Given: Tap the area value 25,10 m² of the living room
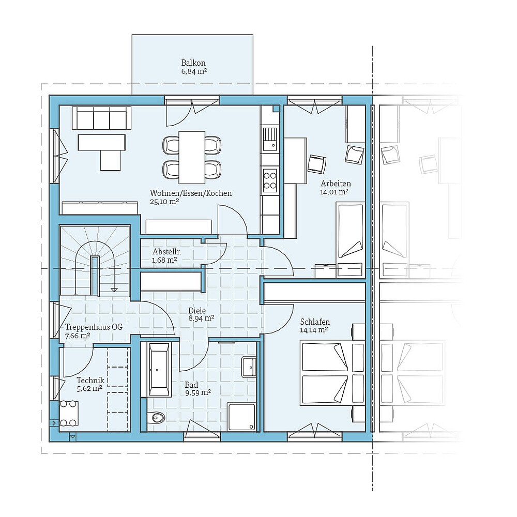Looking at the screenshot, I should click(x=164, y=202).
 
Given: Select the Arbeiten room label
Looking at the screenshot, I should click(x=336, y=184).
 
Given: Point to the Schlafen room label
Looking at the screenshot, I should click(x=315, y=322).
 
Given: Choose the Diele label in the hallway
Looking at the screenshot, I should click(x=197, y=311).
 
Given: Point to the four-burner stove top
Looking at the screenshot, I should click(x=270, y=179).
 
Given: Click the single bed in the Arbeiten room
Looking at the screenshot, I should click(x=350, y=230).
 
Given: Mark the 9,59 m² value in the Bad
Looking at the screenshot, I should click(x=198, y=392).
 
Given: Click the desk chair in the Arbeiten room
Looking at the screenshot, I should click(x=316, y=164).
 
